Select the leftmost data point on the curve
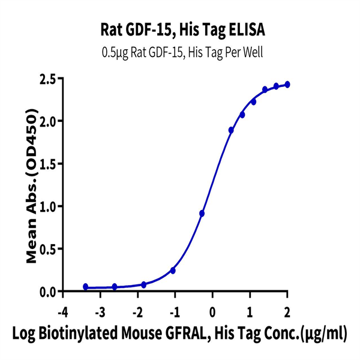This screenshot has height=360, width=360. tap(86, 287)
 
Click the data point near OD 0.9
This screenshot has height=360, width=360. tap(202, 213)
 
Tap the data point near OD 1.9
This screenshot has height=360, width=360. tap(231, 130)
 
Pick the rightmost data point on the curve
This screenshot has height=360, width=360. tap(287, 85)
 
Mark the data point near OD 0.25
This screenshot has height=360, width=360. tap(173, 271)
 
